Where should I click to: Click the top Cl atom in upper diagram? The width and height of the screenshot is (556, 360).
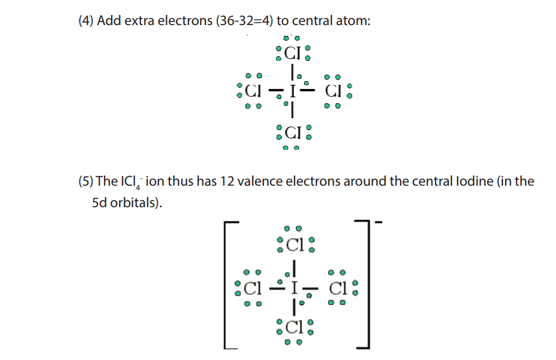click(x=293, y=53)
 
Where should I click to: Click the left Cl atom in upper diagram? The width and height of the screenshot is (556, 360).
click(x=253, y=91)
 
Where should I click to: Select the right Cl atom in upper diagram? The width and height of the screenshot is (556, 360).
click(x=333, y=91)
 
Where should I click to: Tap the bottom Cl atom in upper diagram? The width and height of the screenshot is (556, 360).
click(x=293, y=133)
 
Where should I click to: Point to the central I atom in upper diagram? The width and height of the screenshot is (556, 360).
click(x=293, y=91)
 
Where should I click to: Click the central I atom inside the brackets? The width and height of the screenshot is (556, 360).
click(x=294, y=288)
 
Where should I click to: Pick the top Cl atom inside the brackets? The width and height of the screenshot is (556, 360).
click(x=295, y=245)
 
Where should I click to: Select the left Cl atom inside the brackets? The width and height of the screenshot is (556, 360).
click(x=253, y=288)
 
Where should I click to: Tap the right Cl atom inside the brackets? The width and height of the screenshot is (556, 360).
click(x=338, y=288)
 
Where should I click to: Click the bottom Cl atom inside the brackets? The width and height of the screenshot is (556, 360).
click(x=294, y=327)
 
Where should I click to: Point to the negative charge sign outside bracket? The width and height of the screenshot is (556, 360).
click(x=379, y=223)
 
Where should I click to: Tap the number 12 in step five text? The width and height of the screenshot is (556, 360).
click(x=227, y=181)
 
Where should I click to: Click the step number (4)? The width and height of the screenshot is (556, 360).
click(x=86, y=21)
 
